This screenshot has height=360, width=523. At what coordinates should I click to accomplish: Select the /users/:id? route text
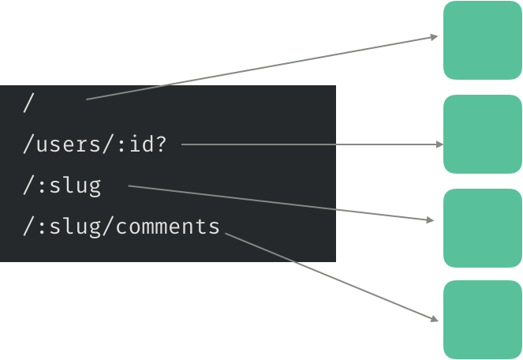(95, 145)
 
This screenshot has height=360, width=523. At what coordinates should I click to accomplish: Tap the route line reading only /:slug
(62, 186)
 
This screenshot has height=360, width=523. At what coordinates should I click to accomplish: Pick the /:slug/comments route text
(121, 227)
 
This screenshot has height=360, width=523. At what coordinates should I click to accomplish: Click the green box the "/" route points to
(483, 40)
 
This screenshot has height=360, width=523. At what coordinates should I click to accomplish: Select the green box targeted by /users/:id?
(483, 134)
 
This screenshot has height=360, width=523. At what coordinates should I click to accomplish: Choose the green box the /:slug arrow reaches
(483, 228)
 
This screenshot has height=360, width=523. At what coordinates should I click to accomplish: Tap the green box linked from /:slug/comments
(483, 320)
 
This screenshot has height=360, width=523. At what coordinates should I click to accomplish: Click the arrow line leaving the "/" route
(260, 68)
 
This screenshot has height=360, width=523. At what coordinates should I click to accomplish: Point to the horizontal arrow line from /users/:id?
(308, 144)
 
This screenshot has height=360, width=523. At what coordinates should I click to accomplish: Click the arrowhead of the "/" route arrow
(434, 36)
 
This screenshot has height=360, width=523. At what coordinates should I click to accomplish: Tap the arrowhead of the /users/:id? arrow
(439, 144)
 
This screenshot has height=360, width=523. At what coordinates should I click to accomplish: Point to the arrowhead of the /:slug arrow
(431, 220)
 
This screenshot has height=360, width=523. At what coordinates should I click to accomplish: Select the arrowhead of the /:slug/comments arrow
(434, 318)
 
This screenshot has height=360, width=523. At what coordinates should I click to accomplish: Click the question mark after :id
(161, 145)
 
